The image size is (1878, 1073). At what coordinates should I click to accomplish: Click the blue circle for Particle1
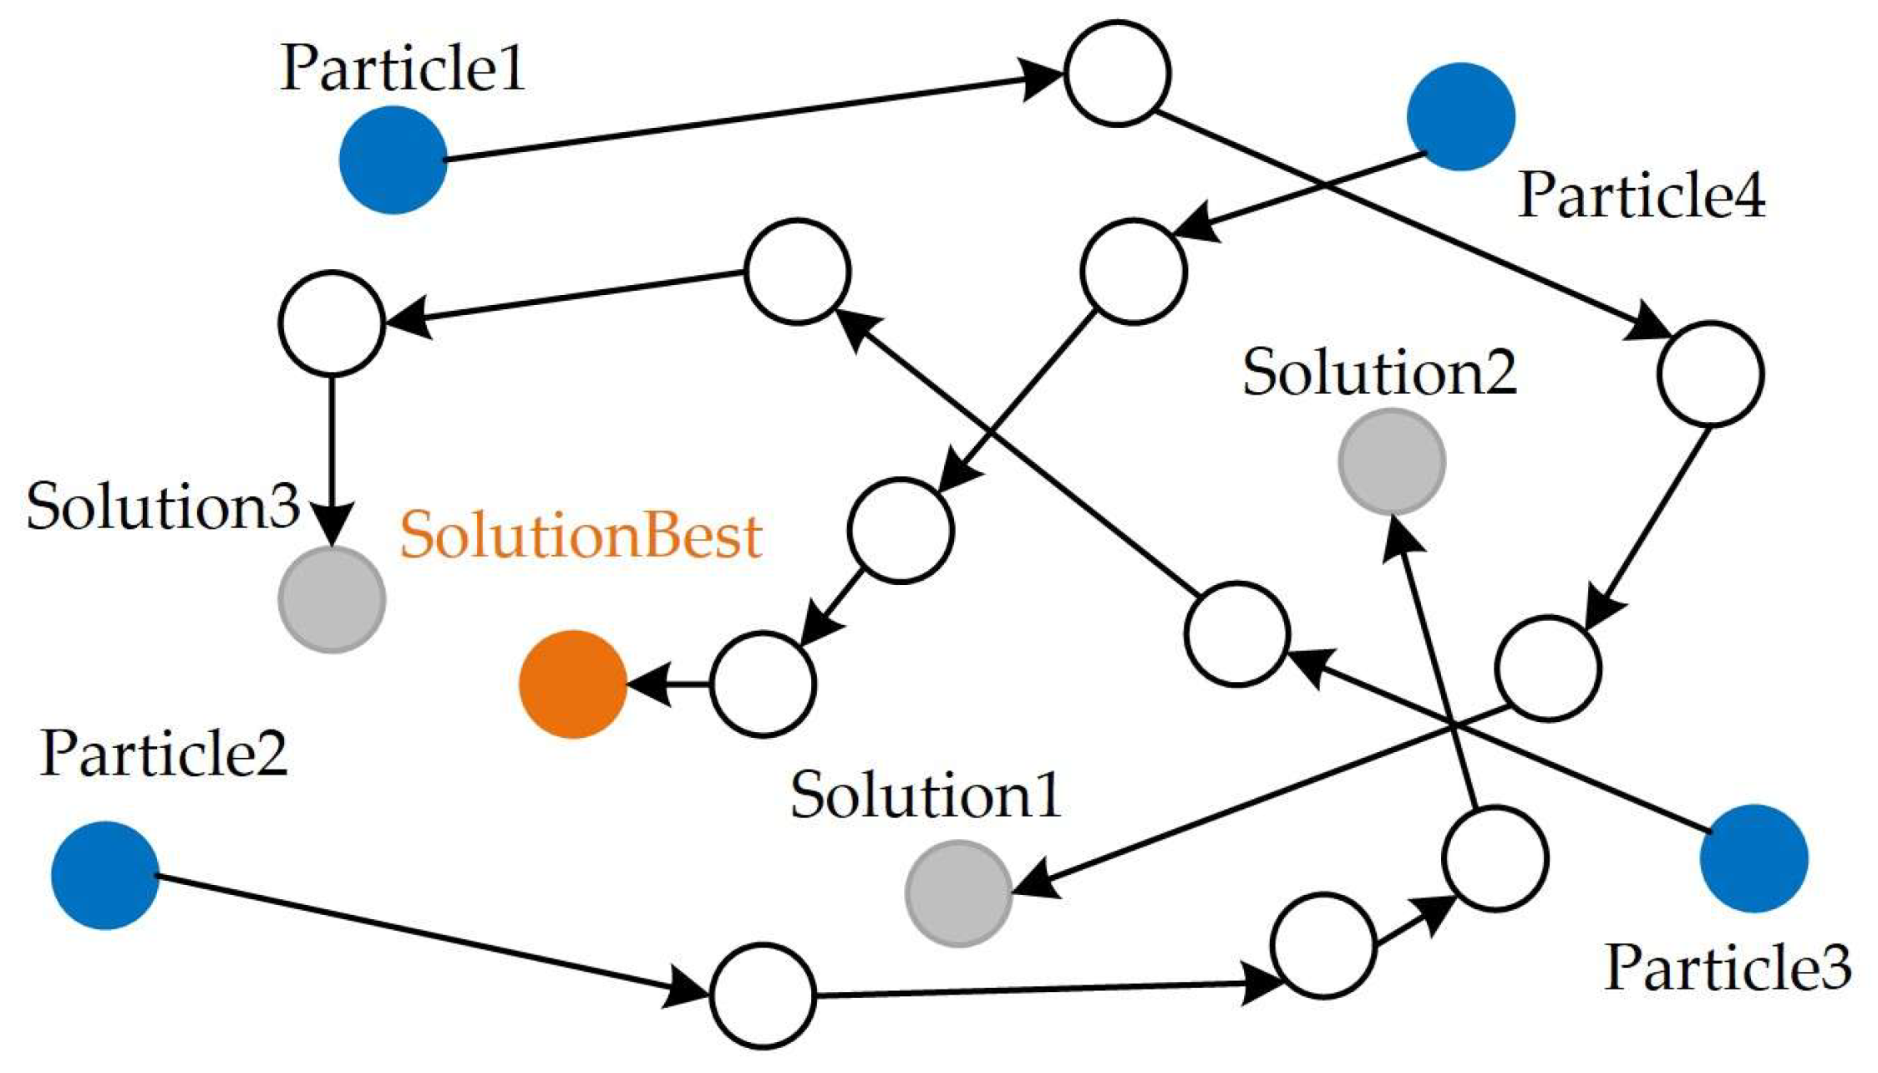393,160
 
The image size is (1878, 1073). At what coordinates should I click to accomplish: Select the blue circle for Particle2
105,875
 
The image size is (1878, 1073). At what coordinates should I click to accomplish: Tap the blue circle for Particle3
1754,858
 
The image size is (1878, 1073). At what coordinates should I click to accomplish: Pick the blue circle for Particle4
1461,117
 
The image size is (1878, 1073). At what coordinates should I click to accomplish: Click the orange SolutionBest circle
573,684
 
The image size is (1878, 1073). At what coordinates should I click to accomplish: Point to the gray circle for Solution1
959,893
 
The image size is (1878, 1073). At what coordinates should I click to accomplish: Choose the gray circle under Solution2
1392,461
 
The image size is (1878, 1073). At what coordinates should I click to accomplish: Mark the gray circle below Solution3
332,599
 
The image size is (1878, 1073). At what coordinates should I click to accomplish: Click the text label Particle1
403,68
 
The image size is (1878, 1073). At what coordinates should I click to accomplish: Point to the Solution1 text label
926,794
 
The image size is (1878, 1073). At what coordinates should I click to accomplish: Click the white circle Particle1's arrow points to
1118,74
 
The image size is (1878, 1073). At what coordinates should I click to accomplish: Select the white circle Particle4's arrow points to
1134,271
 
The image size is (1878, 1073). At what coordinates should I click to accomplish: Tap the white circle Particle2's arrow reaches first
763,995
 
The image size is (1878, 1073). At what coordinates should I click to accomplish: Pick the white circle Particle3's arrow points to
1237,633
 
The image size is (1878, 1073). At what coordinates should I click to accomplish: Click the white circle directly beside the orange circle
764,684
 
